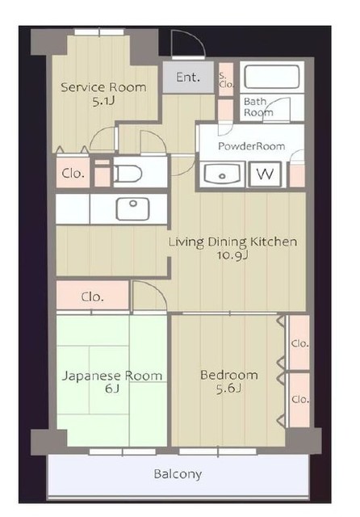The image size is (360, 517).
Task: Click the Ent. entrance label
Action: click(x=188, y=78)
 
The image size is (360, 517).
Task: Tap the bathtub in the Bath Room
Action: click(x=272, y=77)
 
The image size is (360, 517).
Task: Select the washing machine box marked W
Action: click(x=265, y=174)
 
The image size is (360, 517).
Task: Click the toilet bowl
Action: click(x=128, y=174)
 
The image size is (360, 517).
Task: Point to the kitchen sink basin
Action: click(x=132, y=209)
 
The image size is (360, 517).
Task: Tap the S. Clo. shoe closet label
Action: click(x=226, y=80)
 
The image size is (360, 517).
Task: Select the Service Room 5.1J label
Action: click(x=103, y=94)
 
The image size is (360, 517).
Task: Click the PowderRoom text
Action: click(x=252, y=146)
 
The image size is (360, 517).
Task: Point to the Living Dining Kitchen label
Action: click(x=232, y=242)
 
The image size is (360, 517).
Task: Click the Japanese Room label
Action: click(x=112, y=376)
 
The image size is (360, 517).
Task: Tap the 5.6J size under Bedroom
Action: click(x=228, y=389)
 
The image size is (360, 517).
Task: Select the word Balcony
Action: click(x=178, y=474)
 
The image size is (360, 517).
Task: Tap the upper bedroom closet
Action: click(x=299, y=343)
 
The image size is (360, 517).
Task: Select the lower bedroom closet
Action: click(x=299, y=400)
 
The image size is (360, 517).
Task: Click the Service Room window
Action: click(x=98, y=32)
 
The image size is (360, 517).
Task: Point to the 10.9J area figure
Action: click(x=232, y=255)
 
